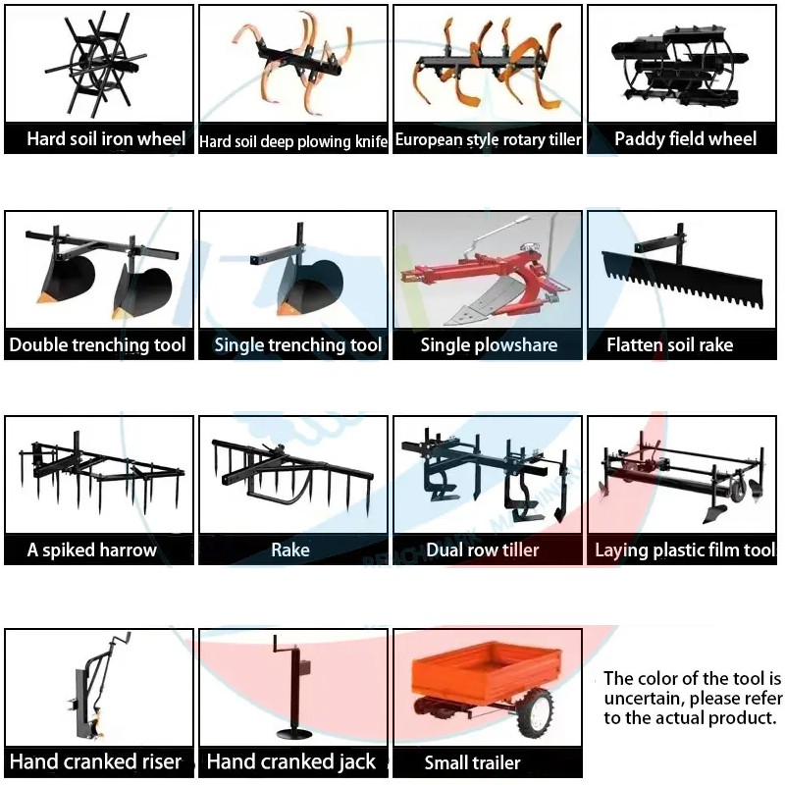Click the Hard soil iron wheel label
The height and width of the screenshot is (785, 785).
[x=106, y=138]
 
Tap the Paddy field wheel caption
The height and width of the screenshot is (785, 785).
[x=685, y=138]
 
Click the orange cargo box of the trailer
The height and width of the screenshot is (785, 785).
[x=486, y=673]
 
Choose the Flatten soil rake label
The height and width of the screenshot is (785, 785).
[x=670, y=345]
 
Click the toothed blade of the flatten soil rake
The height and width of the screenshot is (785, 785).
[x=682, y=280]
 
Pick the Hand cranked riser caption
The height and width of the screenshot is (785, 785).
[x=95, y=761]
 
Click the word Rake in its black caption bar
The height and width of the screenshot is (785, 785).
[x=289, y=550]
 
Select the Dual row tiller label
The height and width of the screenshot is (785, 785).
[x=483, y=550]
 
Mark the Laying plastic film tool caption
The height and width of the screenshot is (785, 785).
[x=685, y=550]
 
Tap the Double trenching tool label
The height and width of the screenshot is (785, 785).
[x=97, y=345]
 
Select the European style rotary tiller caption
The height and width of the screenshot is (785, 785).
[x=488, y=139]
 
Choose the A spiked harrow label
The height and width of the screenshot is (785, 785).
[x=91, y=550]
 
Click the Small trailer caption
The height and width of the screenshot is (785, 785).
[x=472, y=762]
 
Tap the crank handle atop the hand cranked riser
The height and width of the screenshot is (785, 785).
[x=122, y=640]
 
